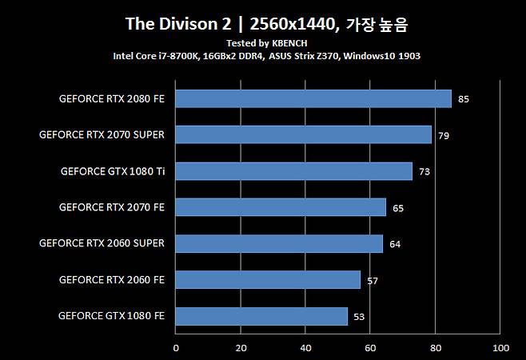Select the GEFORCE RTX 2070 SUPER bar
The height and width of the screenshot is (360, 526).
(304, 134)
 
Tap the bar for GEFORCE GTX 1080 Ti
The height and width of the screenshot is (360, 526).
(294, 171)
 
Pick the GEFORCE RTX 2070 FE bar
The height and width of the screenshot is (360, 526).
(281, 207)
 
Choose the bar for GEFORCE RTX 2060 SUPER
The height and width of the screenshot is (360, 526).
(279, 243)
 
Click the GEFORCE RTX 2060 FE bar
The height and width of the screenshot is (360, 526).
(268, 279)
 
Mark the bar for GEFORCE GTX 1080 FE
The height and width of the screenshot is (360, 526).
(261, 316)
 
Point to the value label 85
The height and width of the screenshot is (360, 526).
(464, 99)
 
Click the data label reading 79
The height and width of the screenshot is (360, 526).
(444, 136)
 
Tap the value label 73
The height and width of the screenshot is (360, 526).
(424, 172)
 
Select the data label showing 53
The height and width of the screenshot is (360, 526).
(359, 317)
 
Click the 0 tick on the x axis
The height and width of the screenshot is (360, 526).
(176, 348)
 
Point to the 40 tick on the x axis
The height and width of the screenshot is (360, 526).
(305, 348)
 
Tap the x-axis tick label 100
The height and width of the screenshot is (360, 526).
(500, 348)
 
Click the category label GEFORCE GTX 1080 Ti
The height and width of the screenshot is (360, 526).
(112, 171)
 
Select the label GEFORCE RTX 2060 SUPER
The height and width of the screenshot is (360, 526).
(102, 243)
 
